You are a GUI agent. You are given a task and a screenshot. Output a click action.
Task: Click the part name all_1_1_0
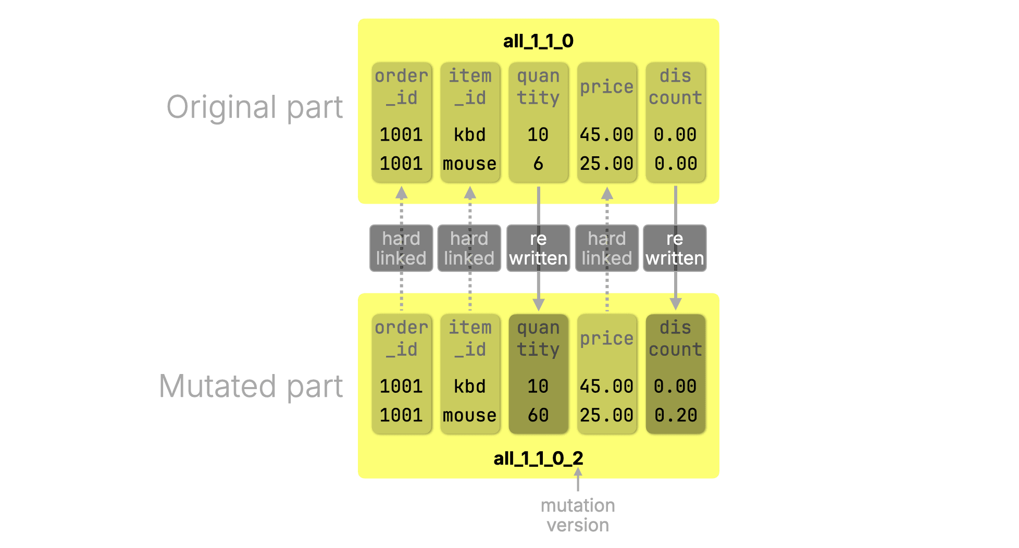[538, 41]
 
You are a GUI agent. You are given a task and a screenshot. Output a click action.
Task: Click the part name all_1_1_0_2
[538, 458]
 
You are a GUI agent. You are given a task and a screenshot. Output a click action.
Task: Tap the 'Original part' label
[254, 107]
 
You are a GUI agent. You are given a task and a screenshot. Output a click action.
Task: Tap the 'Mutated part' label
[251, 387]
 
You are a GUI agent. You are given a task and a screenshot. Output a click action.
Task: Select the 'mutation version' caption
[577, 515]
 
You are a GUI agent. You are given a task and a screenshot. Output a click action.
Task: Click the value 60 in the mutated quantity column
[538, 415]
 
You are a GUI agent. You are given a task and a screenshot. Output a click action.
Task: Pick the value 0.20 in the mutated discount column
[675, 415]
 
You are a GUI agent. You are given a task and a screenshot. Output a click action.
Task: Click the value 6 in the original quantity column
[538, 164]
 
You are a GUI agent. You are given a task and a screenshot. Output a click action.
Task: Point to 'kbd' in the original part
[469, 135]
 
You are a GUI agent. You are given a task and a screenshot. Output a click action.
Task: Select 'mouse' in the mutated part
[469, 415]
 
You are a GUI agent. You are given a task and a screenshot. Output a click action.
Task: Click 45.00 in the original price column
[606, 135]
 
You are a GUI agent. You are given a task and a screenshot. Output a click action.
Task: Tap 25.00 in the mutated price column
[606, 415]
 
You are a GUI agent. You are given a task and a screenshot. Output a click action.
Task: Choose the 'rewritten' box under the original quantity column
[538, 248]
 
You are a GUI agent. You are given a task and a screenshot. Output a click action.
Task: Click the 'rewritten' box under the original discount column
[675, 248]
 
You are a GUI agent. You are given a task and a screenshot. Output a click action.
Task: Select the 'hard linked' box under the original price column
[606, 248]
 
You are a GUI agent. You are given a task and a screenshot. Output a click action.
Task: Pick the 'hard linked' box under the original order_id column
[401, 248]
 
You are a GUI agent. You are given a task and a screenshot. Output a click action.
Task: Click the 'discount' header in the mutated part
[675, 338]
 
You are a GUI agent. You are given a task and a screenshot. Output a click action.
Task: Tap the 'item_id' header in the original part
[470, 86]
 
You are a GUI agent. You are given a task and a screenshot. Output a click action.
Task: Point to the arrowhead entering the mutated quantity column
[539, 304]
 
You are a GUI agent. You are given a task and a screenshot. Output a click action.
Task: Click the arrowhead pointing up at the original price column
[607, 193]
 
